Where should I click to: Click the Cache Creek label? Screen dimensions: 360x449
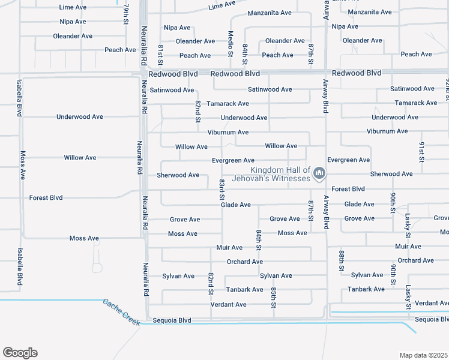coord(121,313)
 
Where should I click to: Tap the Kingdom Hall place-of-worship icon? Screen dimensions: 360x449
coord(319,175)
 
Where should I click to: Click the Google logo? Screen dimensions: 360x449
coord(20,353)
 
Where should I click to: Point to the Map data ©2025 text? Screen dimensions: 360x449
coord(423,355)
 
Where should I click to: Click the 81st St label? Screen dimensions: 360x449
coord(160,54)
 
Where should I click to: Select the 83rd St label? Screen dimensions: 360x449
coord(221,190)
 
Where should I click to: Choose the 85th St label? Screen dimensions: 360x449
coord(273,298)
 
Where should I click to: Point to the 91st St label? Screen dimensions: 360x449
coord(421,152)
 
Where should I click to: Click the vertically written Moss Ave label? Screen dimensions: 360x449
coord(23,165)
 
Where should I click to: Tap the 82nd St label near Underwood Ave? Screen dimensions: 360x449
coord(197,112)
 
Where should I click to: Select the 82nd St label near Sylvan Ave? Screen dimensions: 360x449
coord(211,283)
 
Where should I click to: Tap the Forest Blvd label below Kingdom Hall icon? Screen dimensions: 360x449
coord(348,188)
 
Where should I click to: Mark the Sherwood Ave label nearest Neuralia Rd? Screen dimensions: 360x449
coord(178,175)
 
